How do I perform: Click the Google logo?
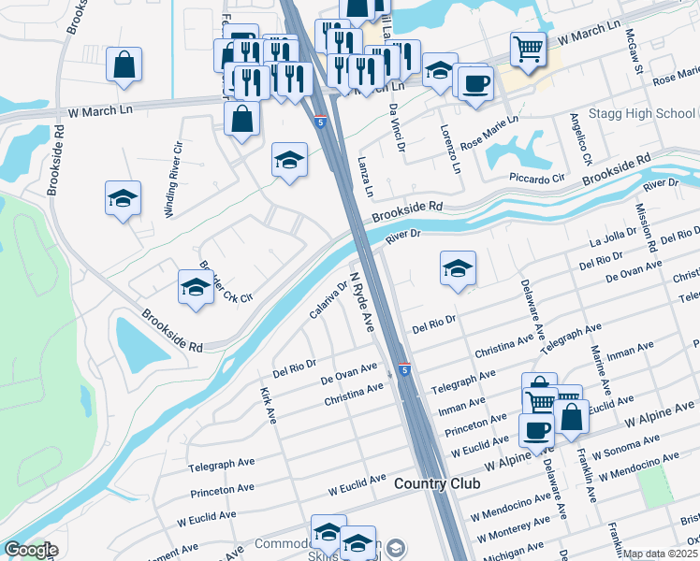coord(31,551)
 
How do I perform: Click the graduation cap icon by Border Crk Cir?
coord(195,286)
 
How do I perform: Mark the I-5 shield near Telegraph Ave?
coord(404,371)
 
